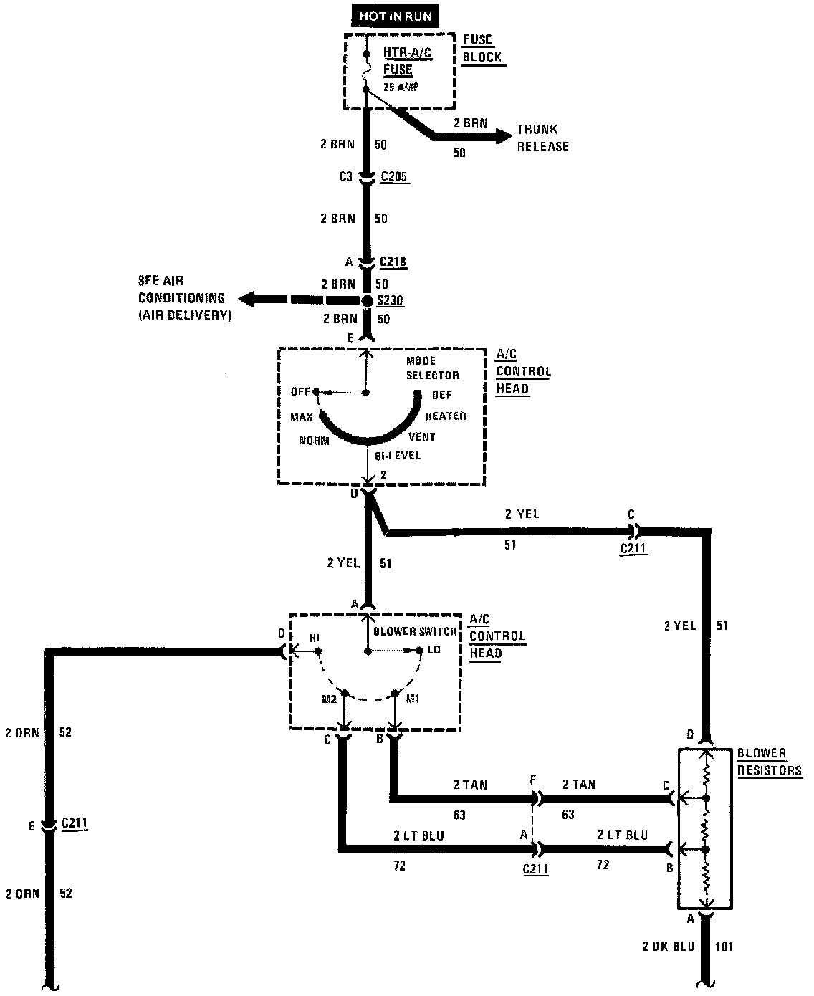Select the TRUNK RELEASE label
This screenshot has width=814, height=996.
coord(543,138)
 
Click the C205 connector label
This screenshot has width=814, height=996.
coord(394,176)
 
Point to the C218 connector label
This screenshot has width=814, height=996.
coord(393,262)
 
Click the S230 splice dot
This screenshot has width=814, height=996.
coord(367,301)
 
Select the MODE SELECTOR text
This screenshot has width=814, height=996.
coord(432,368)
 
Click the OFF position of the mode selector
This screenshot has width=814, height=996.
coord(300,391)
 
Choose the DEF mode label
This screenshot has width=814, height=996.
coord(442,395)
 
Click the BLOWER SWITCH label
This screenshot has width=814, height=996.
coord(416,631)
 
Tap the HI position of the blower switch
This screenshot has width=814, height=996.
coord(314,637)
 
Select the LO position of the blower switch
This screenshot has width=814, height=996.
coord(434,650)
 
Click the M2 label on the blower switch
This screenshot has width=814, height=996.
coord(329,699)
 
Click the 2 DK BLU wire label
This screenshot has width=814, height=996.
coord(669,947)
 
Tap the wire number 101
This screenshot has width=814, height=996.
coord(724,947)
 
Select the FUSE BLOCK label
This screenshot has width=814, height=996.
coord(482,49)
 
